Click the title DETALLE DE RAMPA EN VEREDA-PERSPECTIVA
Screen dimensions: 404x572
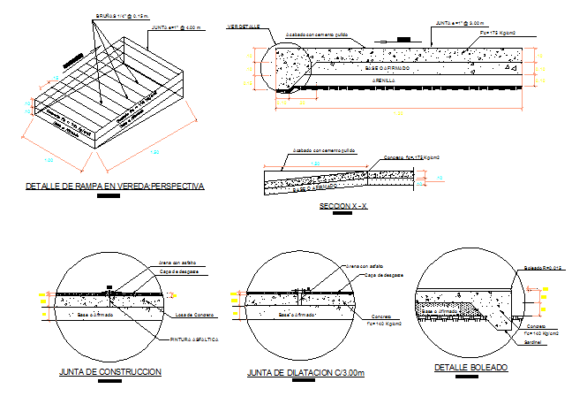tap(115, 187)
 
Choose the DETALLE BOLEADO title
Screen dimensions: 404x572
tap(470, 367)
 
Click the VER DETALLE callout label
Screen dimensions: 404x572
tap(243, 27)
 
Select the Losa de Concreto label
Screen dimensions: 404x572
tap(189, 315)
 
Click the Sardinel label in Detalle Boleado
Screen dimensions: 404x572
tap(533, 341)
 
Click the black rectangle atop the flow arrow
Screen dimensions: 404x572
tap(403, 39)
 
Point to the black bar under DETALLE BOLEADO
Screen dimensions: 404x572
tap(465, 377)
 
